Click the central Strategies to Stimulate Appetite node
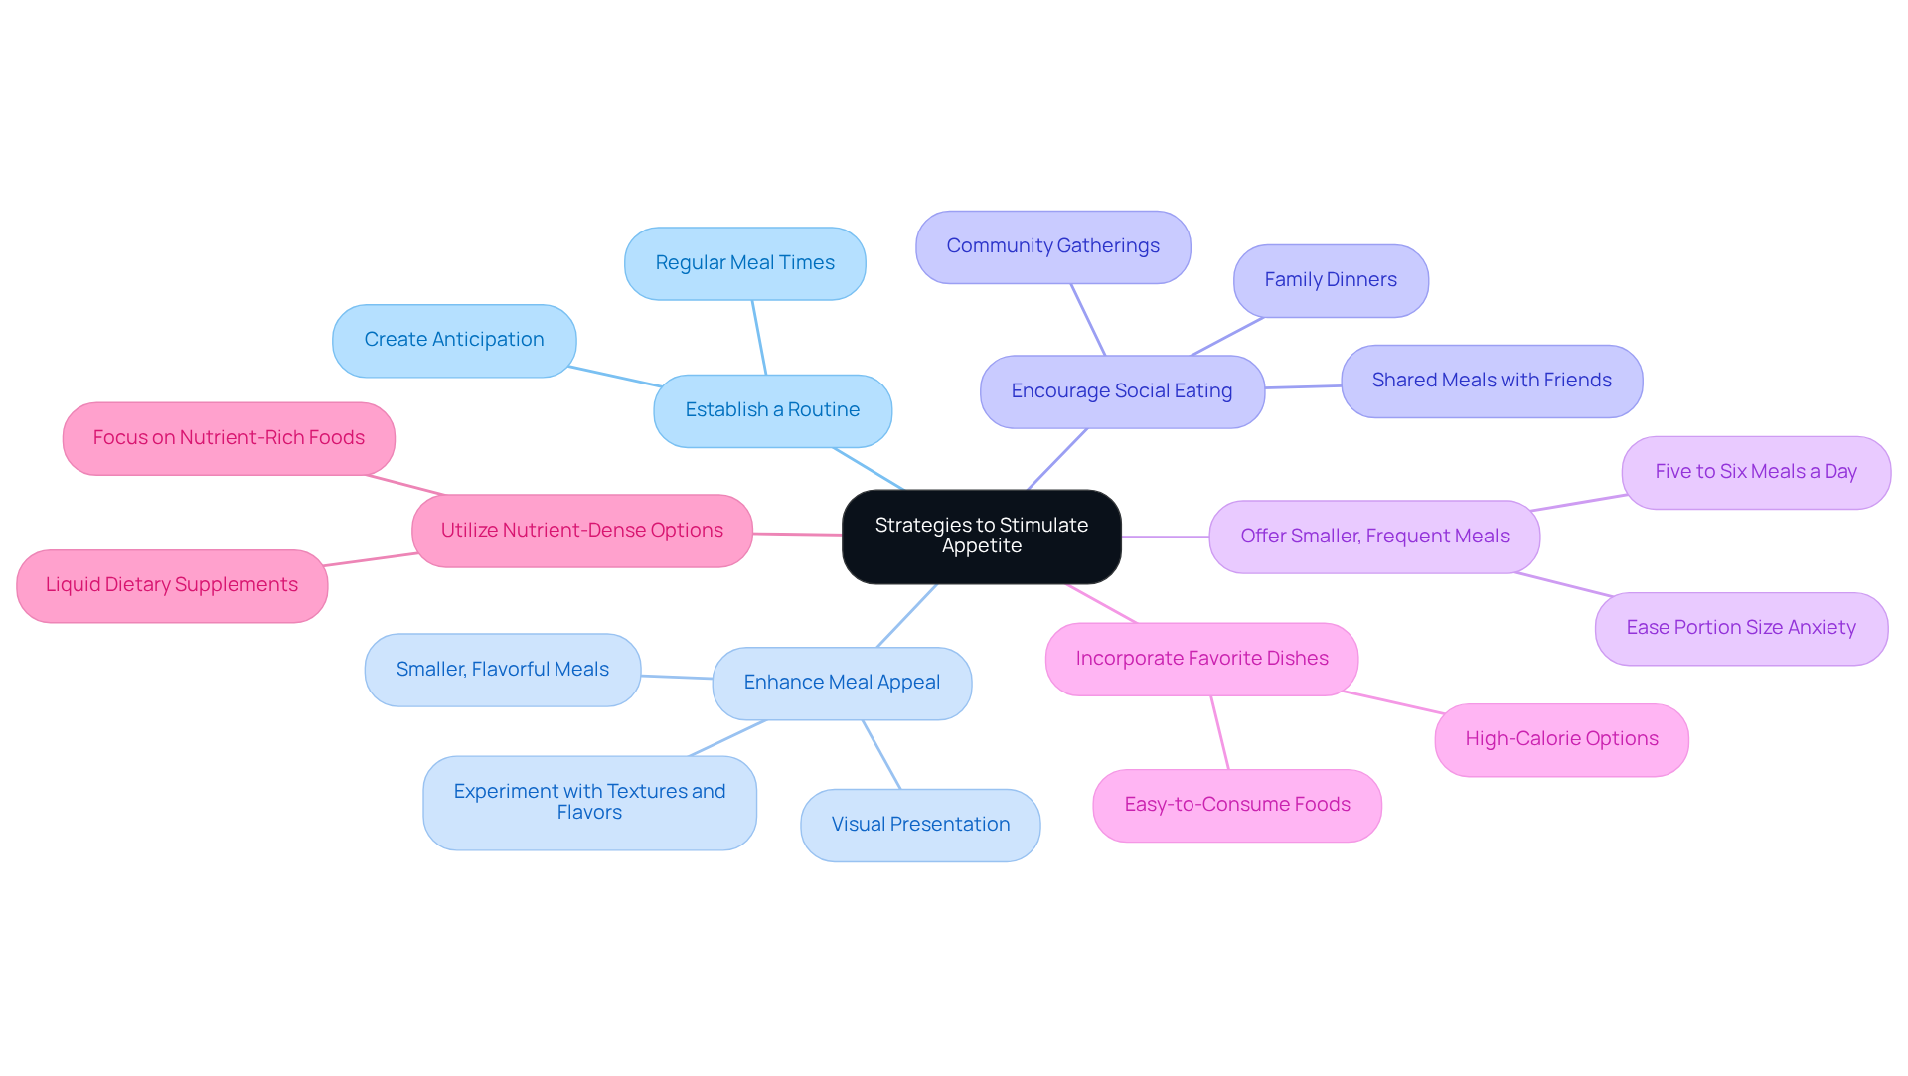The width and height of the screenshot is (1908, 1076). (981, 536)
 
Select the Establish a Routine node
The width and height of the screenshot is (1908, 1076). (772, 410)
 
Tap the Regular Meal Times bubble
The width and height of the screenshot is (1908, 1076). (744, 263)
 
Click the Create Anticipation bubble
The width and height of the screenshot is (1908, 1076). (453, 340)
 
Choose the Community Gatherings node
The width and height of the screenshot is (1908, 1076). (1052, 246)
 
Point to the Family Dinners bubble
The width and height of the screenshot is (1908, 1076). (1330, 280)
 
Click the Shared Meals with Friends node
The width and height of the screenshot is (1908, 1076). (1491, 381)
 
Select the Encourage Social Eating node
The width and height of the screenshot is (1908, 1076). (1121, 391)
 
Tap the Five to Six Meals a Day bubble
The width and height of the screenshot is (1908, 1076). (1755, 472)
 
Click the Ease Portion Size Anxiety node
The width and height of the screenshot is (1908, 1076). (1740, 628)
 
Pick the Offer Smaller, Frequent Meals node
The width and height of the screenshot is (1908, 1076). (1373, 537)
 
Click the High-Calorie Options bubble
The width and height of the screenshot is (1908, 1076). (1560, 739)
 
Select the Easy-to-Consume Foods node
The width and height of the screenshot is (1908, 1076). (1236, 805)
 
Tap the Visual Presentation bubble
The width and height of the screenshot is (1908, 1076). (919, 825)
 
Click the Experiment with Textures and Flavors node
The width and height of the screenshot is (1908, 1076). (589, 802)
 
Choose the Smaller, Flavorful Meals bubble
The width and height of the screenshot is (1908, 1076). (502, 670)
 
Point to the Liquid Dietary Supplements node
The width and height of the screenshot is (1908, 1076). (171, 585)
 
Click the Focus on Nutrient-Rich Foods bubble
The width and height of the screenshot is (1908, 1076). (229, 438)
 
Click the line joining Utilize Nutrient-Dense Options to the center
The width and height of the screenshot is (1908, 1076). (797, 534)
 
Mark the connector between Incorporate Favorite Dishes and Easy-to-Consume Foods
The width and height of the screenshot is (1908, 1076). (1219, 732)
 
